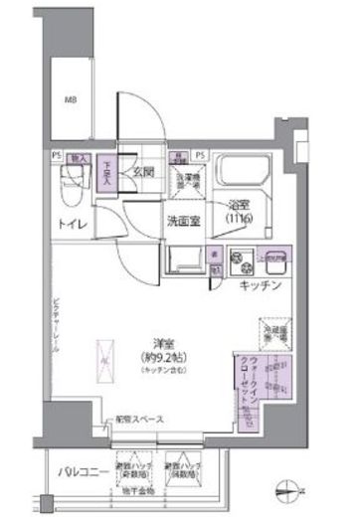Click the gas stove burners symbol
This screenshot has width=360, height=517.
pyautogui.click(x=241, y=264)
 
